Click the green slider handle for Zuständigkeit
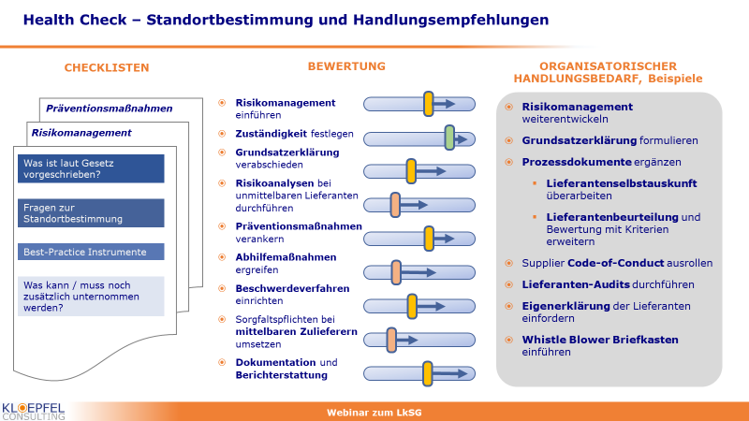449,138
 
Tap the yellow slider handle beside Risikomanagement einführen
429,104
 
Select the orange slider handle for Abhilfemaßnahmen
396,272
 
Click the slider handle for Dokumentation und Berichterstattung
428,373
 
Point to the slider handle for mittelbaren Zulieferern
391,340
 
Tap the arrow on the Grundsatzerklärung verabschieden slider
431,171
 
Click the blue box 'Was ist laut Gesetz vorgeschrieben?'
91,168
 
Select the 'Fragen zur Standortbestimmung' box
91,213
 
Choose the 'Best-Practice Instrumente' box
91,252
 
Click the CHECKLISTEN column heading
107,67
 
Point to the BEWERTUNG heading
346,66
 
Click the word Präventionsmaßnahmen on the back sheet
109,109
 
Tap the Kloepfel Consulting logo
33,412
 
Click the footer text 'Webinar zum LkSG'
374,413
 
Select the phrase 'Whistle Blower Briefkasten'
600,340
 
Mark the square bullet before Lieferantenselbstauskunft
535,183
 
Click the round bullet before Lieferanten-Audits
508,284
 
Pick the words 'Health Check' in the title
75,20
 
